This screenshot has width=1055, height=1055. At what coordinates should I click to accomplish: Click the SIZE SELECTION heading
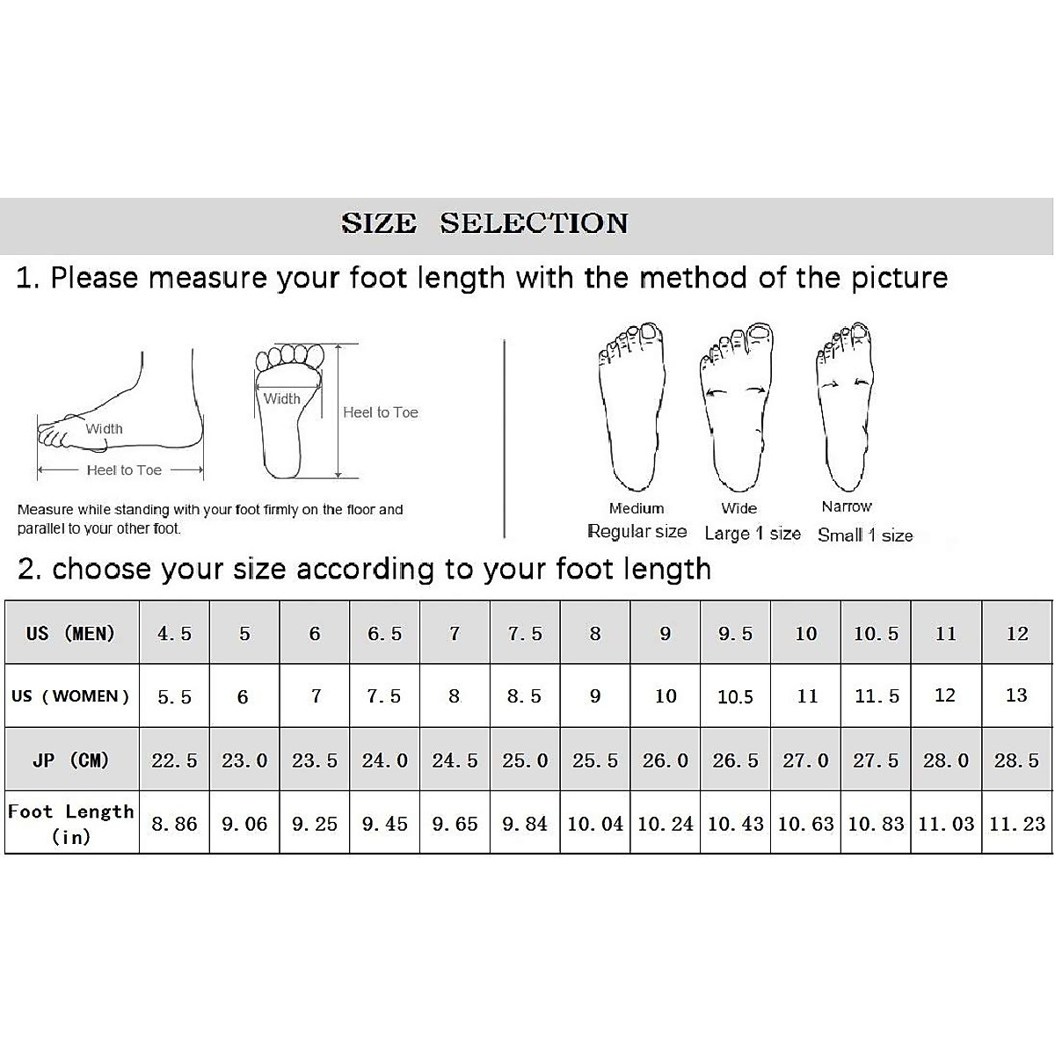[484, 223]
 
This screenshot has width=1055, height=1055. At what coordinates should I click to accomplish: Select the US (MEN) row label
[71, 633]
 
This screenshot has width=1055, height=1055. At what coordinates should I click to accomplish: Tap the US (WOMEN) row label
[71, 696]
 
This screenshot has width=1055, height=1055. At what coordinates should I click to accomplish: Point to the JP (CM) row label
[71, 760]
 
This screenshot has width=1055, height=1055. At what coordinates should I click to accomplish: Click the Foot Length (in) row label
[71, 823]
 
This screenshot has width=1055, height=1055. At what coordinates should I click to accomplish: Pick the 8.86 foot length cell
[174, 824]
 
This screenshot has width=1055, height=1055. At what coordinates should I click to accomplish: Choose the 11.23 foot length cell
[1017, 824]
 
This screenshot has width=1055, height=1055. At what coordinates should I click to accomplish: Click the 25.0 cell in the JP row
[525, 760]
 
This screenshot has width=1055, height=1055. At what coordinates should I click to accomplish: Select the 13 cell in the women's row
[1016, 695]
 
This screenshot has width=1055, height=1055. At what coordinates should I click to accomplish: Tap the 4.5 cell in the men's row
[174, 634]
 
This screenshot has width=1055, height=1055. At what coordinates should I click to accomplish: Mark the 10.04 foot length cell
[595, 824]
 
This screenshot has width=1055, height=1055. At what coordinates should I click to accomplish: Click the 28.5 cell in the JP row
[1017, 760]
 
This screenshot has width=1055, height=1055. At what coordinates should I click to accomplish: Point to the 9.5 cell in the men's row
[735, 634]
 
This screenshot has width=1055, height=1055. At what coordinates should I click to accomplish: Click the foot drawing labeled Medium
[632, 404]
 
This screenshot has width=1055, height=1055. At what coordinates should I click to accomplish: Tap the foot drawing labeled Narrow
[846, 404]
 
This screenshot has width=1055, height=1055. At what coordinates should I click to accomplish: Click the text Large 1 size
[753, 534]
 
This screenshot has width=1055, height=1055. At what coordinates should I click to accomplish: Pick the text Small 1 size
[865, 535]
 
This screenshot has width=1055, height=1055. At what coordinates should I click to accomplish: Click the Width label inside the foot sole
[282, 399]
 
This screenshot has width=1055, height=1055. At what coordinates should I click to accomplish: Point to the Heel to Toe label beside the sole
[381, 412]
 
